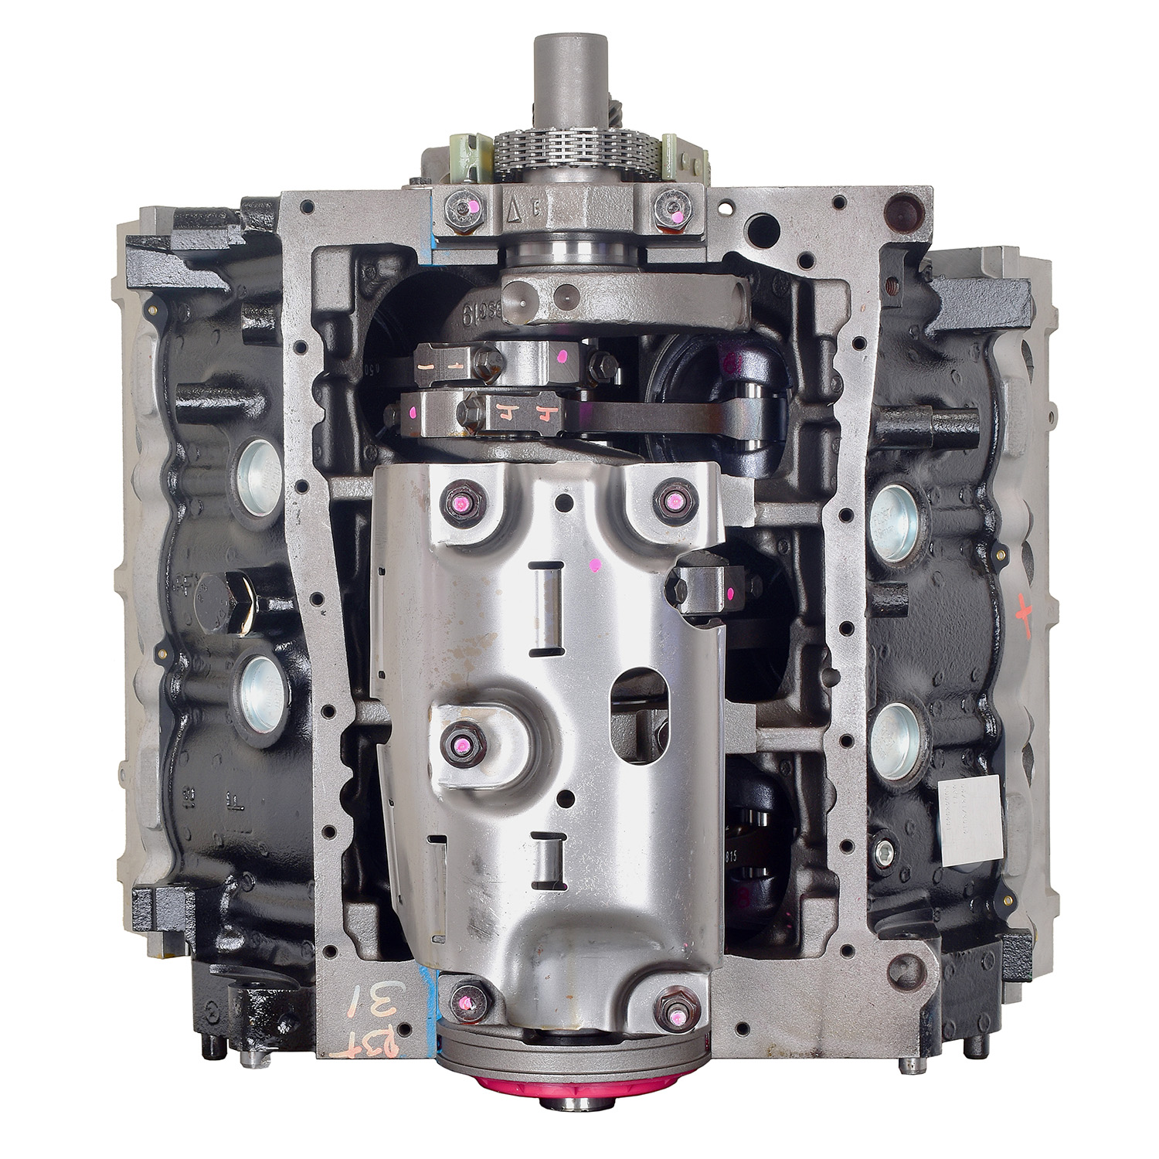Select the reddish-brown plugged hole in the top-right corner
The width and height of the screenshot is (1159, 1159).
point(899,208)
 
